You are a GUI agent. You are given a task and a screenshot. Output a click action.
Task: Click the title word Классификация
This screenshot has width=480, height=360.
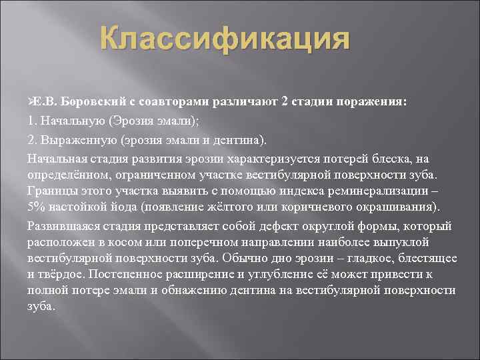click(225, 39)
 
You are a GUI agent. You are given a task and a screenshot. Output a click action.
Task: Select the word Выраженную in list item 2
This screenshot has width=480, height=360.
click(76, 141)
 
